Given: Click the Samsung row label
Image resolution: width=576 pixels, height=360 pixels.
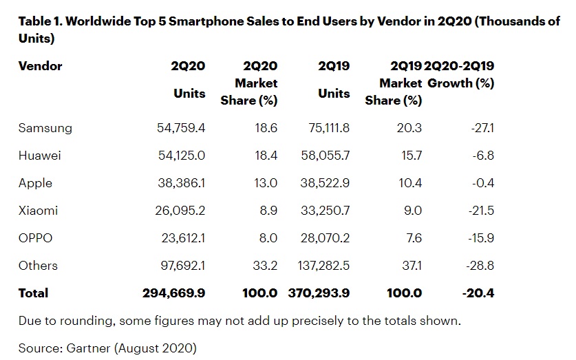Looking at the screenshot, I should [x=45, y=128].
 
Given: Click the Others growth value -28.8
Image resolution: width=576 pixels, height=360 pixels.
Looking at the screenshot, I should [x=479, y=266].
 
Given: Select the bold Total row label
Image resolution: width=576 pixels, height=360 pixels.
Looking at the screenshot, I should [x=34, y=293].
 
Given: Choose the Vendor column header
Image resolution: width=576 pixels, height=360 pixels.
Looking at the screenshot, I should [x=41, y=66].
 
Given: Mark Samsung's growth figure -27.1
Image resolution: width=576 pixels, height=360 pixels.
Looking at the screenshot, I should [x=480, y=128].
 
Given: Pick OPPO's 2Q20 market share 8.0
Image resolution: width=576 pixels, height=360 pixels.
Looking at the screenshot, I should [x=268, y=238].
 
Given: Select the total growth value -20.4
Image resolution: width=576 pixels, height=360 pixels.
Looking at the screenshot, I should [x=478, y=293].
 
